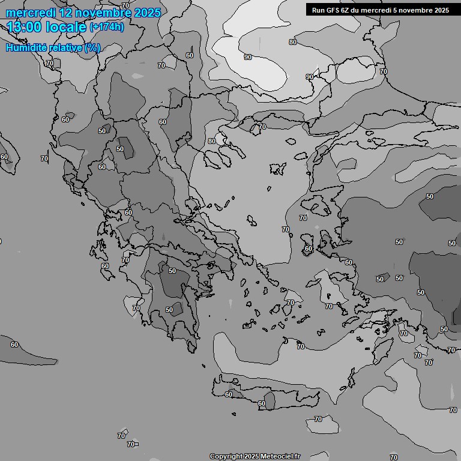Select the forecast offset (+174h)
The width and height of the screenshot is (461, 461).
tap(107, 27)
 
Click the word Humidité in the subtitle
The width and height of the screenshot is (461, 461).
tap(27, 47)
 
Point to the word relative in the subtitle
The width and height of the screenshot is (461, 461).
tap(66, 47)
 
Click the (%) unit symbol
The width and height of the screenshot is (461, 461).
tap(92, 47)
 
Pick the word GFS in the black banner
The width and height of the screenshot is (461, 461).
tap(333, 10)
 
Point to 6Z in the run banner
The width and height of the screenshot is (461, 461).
tap(346, 10)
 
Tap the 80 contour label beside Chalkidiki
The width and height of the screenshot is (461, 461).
tap(211, 142)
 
